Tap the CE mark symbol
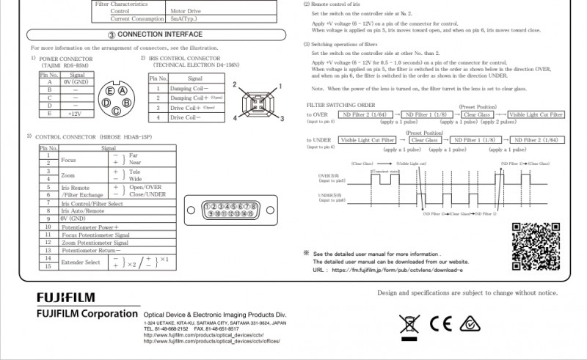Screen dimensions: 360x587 440,323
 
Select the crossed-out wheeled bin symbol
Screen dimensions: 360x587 407,323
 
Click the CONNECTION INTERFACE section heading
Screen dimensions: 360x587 154,34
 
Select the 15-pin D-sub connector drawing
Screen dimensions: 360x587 231,210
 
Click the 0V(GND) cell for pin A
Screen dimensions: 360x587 76,82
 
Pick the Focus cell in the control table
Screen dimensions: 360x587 68,159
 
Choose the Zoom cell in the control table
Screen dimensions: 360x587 68,175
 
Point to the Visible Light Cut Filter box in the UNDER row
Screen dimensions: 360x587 367,140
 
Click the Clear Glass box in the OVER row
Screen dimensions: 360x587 477,115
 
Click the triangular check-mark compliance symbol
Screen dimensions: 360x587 470,323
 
